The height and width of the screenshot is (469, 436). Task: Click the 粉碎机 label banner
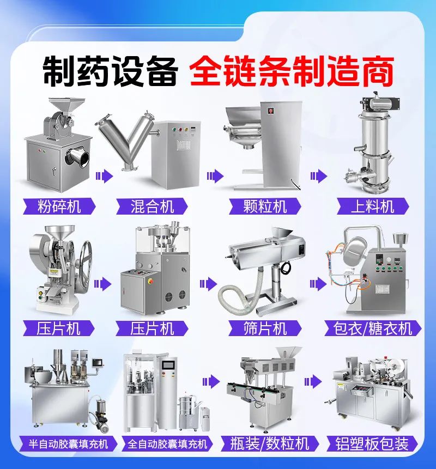pos(59,206)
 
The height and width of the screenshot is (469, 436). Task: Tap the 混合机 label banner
pos(152,206)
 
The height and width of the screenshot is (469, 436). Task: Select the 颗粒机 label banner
pos(265,206)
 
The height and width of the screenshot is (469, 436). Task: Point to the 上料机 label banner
pos(373,206)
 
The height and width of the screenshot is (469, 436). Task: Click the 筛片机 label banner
pos(265,328)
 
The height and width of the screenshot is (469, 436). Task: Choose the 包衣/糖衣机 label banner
pos(373,328)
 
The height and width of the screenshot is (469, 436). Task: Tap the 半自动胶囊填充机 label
pos(69,443)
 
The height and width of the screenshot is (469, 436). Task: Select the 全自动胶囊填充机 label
pos(167,443)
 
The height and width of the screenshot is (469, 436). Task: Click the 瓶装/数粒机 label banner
pos(270,443)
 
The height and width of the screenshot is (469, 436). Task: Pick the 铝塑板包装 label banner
pos(372,443)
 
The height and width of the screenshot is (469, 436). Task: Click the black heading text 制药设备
pos(110,71)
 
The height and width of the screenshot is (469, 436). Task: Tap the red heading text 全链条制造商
pos(292,71)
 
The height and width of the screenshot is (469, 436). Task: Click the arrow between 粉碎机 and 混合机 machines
pos(105,176)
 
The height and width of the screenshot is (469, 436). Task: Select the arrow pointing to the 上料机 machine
pos(319,176)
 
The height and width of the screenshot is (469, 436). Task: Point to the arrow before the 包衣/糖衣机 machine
pos(318,284)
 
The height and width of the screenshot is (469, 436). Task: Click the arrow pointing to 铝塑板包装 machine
pos(313,382)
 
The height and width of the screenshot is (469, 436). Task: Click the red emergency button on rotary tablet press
pos(150,281)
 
